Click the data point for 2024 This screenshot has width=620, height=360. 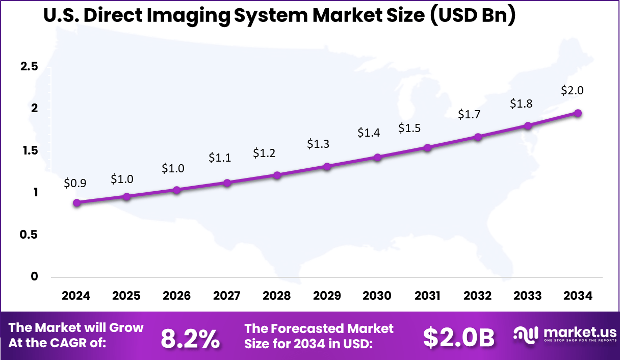pyautogui.click(x=76, y=202)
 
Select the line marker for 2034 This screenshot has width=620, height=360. pyautogui.click(x=578, y=113)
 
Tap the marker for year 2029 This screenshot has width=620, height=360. pyautogui.click(x=327, y=166)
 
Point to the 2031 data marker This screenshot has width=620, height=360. pyautogui.click(x=427, y=148)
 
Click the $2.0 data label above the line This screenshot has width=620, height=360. pyautogui.click(x=572, y=91)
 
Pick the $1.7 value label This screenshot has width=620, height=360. pyautogui.click(x=469, y=115)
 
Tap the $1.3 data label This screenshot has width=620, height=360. pyautogui.click(x=318, y=144)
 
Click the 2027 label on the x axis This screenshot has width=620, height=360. pyautogui.click(x=226, y=296)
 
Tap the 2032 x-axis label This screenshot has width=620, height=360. pyautogui.click(x=477, y=296)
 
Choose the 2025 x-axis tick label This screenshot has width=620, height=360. pyautogui.click(x=126, y=296)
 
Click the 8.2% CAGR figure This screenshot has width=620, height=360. pyautogui.click(x=191, y=338)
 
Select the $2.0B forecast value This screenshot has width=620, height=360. pyautogui.click(x=459, y=338)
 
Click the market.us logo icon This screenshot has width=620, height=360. pyautogui.click(x=526, y=335)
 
